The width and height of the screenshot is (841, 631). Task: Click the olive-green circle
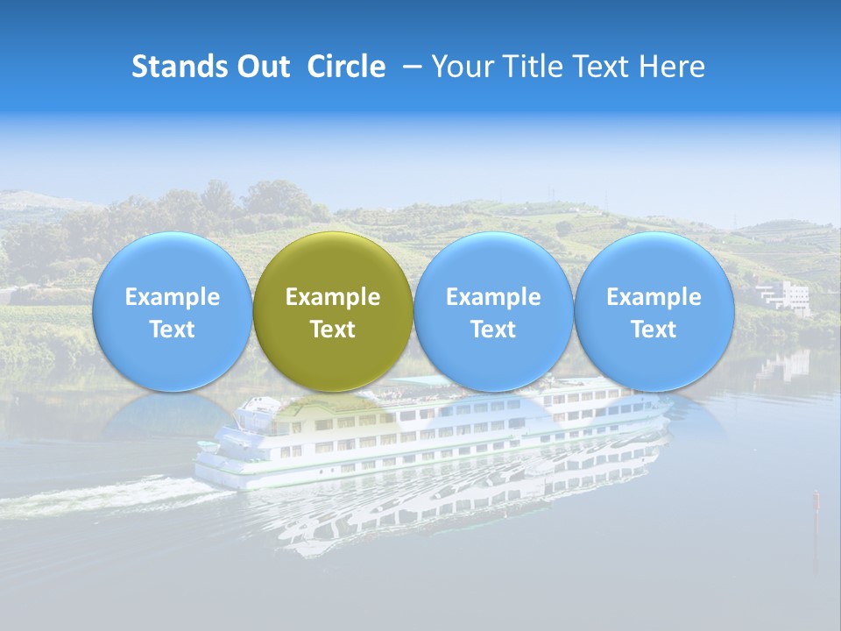[333, 311]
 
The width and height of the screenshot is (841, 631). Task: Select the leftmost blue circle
[172, 311]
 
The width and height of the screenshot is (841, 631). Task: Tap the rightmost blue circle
[654, 311]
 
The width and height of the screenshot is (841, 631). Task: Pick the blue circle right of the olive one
[493, 311]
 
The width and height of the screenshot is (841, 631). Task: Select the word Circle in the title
[346, 67]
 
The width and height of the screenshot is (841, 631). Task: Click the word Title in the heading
[535, 67]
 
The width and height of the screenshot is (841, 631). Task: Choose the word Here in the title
[672, 67]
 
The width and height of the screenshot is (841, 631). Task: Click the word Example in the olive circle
[333, 297]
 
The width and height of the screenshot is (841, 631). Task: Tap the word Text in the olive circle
[333, 330]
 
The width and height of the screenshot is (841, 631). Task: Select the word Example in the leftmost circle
[172, 297]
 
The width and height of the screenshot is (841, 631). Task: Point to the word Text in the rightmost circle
[654, 330]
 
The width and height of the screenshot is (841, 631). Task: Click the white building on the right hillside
[786, 296]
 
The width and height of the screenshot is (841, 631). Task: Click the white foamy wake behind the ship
[105, 496]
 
